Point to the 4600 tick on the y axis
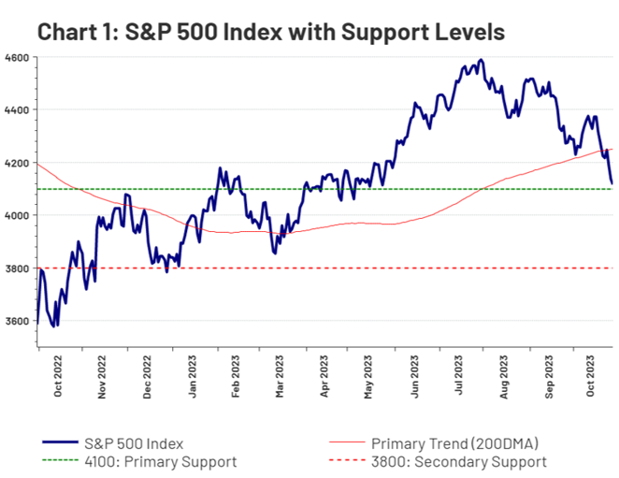[16, 57]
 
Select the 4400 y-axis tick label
[16, 109]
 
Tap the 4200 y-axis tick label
[16, 163]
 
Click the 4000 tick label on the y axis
[16, 215]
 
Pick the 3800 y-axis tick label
[16, 268]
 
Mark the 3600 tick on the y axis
[16, 321]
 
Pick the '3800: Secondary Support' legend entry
[458, 461]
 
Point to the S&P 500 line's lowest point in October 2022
[55, 326]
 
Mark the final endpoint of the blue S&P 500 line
[612, 183]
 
